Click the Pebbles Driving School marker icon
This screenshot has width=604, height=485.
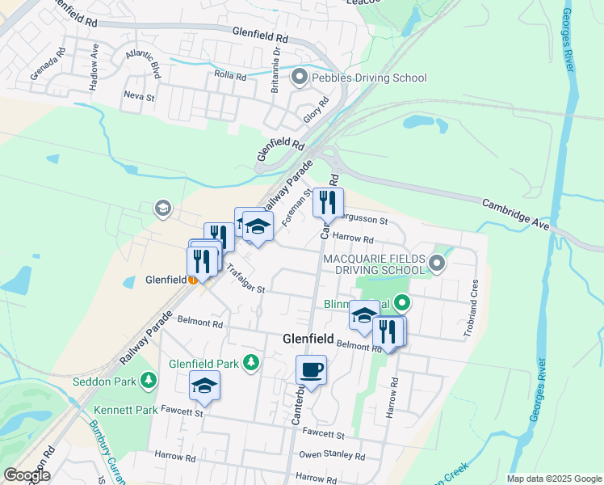pyautogui.click(x=300, y=78)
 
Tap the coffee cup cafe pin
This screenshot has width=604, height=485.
pyautogui.click(x=311, y=371)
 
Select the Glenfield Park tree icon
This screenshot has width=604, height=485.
pyautogui.click(x=252, y=363)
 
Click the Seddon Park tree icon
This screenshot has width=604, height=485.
pyautogui.click(x=148, y=379)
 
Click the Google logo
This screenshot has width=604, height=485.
pyautogui.click(x=27, y=475)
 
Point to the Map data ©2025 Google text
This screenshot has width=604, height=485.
pyautogui.click(x=554, y=479)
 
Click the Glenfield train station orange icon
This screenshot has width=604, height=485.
pyautogui.click(x=193, y=280)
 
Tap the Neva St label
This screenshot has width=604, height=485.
pyautogui.click(x=133, y=95)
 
